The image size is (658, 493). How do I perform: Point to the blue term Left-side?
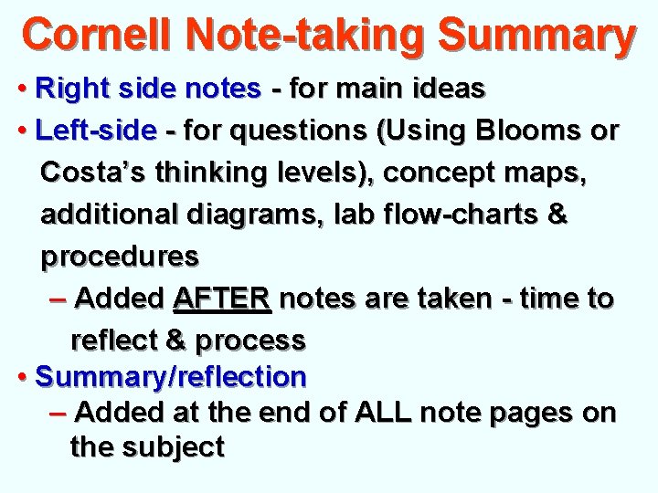(x=95, y=131)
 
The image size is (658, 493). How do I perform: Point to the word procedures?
(x=120, y=257)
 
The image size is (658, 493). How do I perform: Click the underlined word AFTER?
(x=221, y=298)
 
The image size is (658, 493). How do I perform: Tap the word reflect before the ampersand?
(x=114, y=340)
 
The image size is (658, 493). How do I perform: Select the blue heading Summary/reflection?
(x=171, y=375)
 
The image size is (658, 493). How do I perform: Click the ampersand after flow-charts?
(x=557, y=215)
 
